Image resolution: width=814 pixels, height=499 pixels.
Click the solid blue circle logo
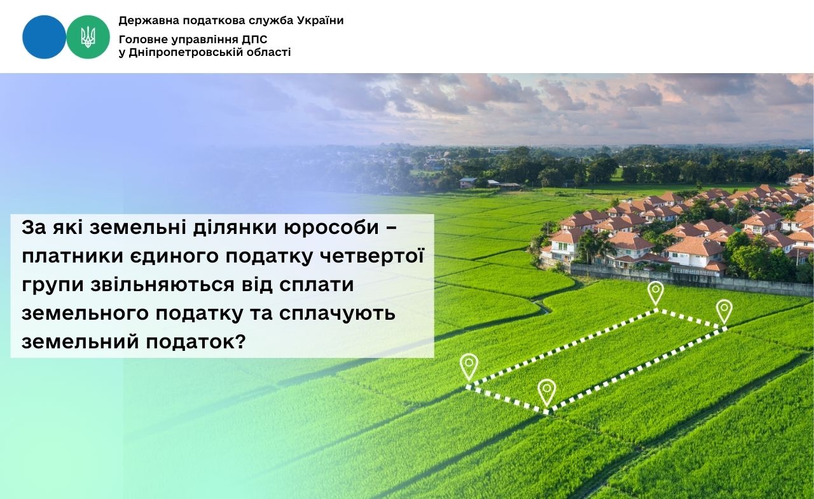44,37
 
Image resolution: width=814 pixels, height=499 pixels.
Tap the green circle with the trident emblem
88,37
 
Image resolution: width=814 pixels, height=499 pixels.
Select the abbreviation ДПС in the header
256,40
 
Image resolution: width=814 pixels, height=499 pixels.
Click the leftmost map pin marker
469,366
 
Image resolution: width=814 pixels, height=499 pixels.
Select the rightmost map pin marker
724,310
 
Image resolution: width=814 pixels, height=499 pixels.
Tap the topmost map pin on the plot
655,292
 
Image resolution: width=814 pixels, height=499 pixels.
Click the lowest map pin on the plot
546,391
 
